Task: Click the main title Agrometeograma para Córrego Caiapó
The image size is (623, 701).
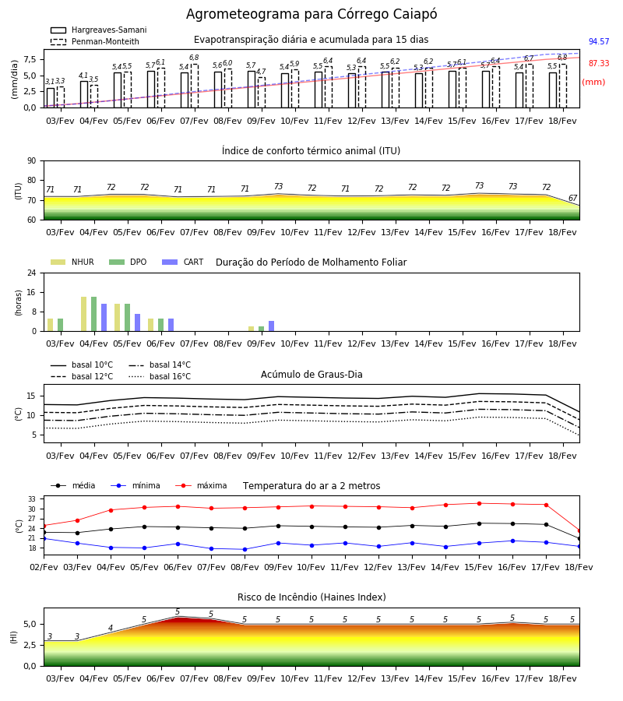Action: coord(311,14)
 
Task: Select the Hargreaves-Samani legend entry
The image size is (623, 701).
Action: coord(98,30)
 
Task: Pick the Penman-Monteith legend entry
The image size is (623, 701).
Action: coord(95,41)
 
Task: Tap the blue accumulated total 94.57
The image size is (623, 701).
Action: coord(599,41)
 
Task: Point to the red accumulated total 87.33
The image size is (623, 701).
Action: coord(599,64)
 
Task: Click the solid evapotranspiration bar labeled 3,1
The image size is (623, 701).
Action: coord(51,98)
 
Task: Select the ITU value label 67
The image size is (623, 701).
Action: coord(572,198)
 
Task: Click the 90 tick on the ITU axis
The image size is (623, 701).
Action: coord(32,161)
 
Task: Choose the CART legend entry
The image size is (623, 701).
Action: coord(183,262)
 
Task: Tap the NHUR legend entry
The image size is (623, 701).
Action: coord(72,262)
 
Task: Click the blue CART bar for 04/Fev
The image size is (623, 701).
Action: coord(104,318)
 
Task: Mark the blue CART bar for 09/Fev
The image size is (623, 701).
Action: coord(271,326)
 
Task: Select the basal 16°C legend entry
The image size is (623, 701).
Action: coord(160,376)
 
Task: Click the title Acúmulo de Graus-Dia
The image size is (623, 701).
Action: coord(311,375)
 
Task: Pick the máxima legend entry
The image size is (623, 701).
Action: coord(201,485)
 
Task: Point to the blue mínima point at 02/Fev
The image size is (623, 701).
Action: coord(44,539)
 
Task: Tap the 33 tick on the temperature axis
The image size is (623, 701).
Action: coord(32,499)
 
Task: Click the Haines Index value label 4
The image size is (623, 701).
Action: coord(111,628)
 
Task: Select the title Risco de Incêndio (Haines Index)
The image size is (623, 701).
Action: coord(311,597)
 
